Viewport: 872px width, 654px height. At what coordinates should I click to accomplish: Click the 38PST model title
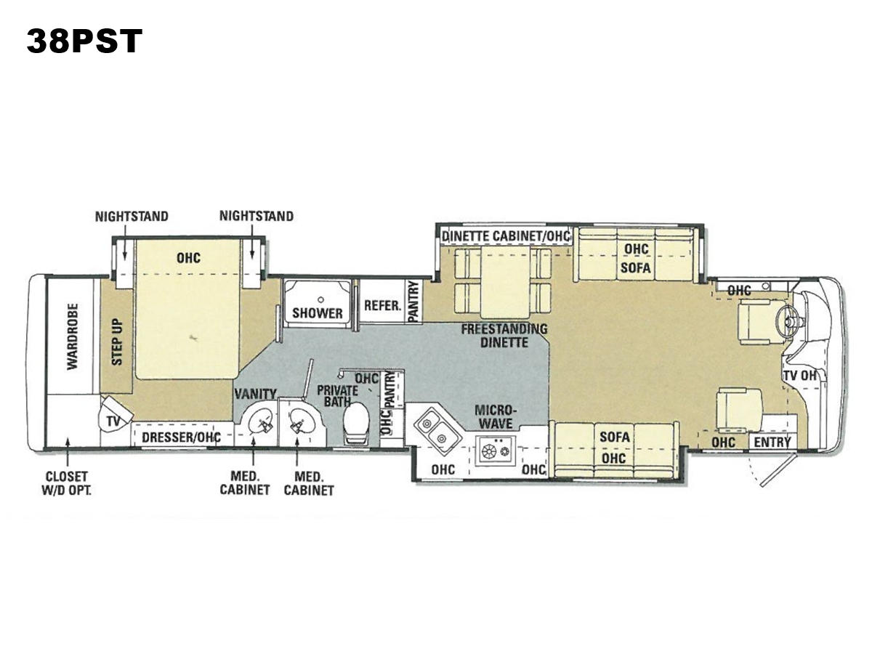tap(84, 41)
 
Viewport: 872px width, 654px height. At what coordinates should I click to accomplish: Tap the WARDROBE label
tap(73, 336)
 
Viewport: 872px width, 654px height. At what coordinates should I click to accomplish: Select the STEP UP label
tap(117, 342)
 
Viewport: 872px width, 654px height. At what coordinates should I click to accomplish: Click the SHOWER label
tap(318, 313)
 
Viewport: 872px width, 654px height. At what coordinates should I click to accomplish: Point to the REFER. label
tap(383, 305)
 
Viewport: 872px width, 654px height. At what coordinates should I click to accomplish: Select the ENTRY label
tap(772, 442)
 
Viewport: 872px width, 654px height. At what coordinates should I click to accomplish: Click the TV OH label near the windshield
tap(800, 375)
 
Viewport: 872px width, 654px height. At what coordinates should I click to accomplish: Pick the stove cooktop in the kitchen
tap(496, 451)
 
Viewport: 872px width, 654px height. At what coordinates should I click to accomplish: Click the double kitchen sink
tap(437, 429)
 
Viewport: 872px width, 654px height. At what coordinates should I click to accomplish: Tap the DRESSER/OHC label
tap(182, 437)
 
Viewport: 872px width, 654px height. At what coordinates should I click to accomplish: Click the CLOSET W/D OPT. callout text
tap(66, 483)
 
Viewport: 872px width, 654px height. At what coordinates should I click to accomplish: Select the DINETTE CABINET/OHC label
tap(506, 236)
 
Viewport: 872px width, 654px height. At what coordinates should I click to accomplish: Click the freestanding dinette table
tap(505, 283)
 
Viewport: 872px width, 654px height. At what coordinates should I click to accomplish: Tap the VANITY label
tap(256, 394)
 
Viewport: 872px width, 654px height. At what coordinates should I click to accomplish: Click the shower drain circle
tap(320, 300)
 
